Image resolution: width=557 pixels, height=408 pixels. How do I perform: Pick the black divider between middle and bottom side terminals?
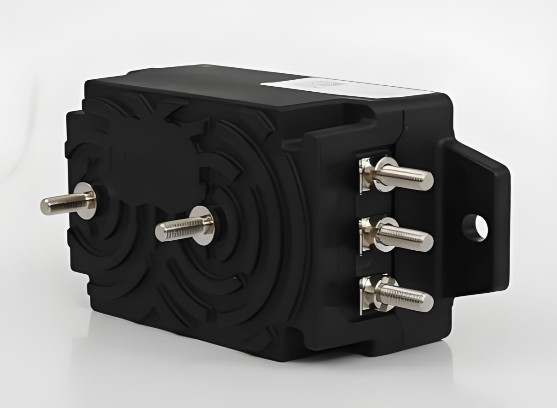point(373,264)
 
